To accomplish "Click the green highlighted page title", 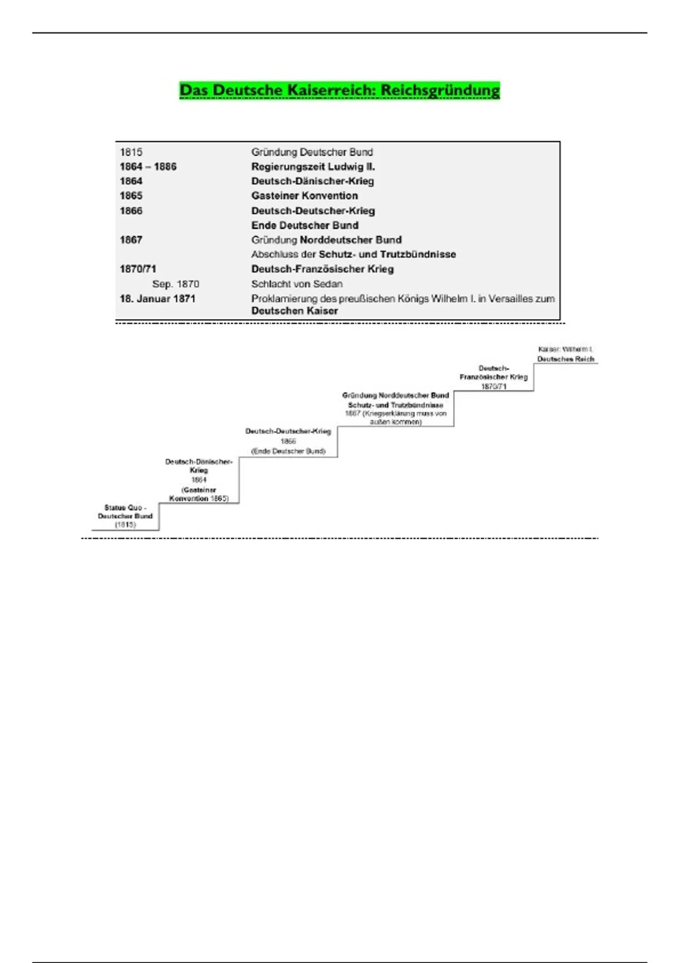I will point(339,91).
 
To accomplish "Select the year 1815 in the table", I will point(131,152).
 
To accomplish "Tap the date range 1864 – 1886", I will point(148,167).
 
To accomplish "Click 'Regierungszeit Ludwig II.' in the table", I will point(313,167).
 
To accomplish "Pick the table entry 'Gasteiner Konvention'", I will point(304,195).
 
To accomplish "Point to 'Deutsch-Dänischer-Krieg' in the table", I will point(312,181).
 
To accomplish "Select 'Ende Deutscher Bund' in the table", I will point(304,225).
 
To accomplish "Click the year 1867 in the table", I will point(131,240).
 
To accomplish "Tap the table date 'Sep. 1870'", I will point(176,284).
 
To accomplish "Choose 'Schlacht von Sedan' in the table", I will point(296,284).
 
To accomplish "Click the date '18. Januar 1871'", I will point(157,299).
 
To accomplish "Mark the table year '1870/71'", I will point(138,269).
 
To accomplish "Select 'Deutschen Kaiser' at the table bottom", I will point(294,311).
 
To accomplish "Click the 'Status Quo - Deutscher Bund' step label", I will point(125,512).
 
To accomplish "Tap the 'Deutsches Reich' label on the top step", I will point(566,359).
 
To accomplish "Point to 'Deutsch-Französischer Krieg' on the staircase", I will point(494,373).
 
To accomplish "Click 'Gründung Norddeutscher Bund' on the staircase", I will point(396,395).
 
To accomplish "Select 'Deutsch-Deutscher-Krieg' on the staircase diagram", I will point(288,431).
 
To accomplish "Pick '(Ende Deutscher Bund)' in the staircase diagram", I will point(288,451).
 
